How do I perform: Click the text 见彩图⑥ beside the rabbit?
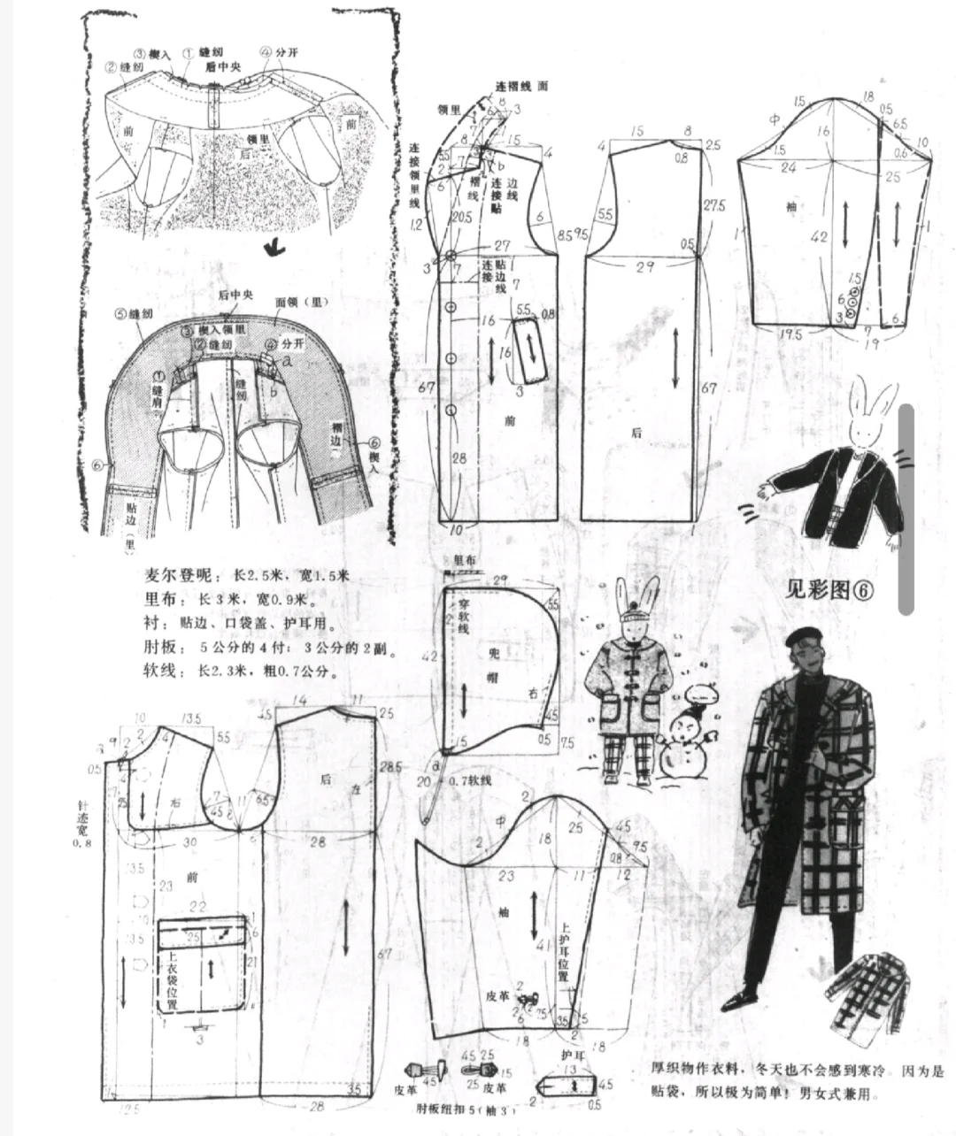point(829,589)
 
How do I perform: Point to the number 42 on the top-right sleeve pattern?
point(821,236)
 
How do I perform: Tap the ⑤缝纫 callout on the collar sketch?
point(135,313)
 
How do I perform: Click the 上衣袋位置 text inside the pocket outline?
point(174,979)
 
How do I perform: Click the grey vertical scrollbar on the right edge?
point(906,510)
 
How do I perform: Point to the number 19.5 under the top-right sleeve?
point(791,335)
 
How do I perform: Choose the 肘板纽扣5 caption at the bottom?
point(464,1107)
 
